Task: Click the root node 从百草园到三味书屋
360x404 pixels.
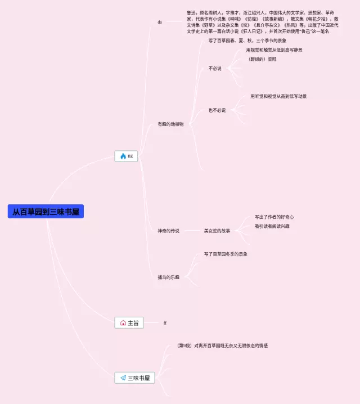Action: (x=46, y=212)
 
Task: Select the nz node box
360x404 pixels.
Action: (x=126, y=156)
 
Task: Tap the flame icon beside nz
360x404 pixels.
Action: (x=123, y=156)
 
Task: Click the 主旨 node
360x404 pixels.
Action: (x=129, y=323)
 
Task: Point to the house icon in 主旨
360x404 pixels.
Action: (x=123, y=323)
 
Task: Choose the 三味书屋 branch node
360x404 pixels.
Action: (x=134, y=378)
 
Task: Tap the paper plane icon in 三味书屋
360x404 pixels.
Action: (x=123, y=378)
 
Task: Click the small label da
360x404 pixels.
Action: (x=160, y=22)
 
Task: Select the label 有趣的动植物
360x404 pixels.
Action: (x=170, y=124)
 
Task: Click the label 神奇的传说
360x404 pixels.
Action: (x=168, y=231)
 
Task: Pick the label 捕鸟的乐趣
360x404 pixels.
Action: (x=168, y=277)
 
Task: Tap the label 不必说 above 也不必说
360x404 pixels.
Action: (x=215, y=69)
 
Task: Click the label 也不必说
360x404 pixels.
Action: (x=217, y=110)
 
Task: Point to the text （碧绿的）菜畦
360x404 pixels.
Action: (x=262, y=59)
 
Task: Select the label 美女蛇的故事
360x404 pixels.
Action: (x=217, y=231)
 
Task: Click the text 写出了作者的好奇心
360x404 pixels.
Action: (x=274, y=217)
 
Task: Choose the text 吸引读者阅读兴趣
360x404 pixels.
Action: (x=272, y=226)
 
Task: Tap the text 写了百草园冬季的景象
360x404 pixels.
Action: (x=226, y=254)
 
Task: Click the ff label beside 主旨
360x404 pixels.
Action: (x=165, y=323)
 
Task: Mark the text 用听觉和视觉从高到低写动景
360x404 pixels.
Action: (x=278, y=96)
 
